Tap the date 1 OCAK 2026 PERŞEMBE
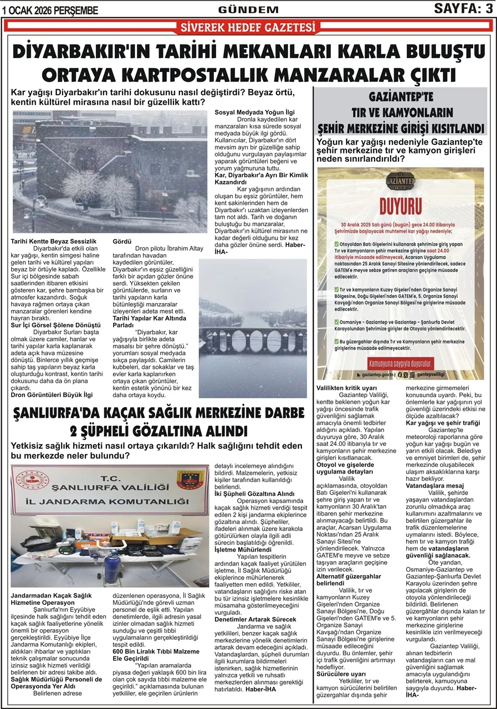[x=50, y=10]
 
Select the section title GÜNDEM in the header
[x=248, y=9]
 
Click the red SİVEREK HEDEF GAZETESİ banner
[x=248, y=27]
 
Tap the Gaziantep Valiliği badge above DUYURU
[x=400, y=182]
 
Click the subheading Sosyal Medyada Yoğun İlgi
[x=255, y=112]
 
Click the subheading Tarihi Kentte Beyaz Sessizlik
[x=54, y=242]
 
